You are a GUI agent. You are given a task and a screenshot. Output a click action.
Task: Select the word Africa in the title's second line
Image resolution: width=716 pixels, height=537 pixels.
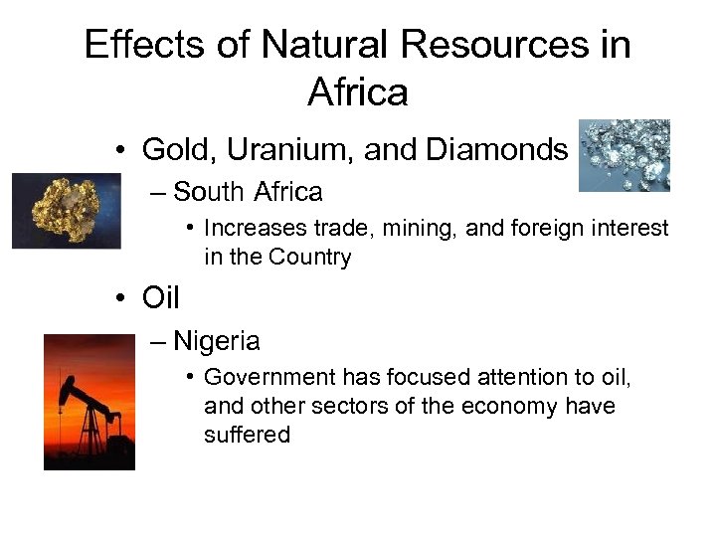[358, 92]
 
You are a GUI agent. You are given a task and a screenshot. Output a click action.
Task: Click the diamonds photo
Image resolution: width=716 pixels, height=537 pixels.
[625, 156]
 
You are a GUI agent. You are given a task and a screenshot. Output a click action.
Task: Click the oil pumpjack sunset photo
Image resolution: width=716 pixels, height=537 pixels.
[89, 401]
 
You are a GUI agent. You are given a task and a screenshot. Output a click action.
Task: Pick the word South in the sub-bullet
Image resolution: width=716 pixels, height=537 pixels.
[209, 191]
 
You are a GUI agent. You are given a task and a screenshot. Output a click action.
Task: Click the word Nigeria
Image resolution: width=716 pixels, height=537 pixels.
[216, 341]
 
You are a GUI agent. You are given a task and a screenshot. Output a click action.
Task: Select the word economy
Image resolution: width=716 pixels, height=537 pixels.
[519, 406]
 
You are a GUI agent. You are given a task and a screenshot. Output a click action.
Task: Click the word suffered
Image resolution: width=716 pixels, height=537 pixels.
[247, 435]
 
